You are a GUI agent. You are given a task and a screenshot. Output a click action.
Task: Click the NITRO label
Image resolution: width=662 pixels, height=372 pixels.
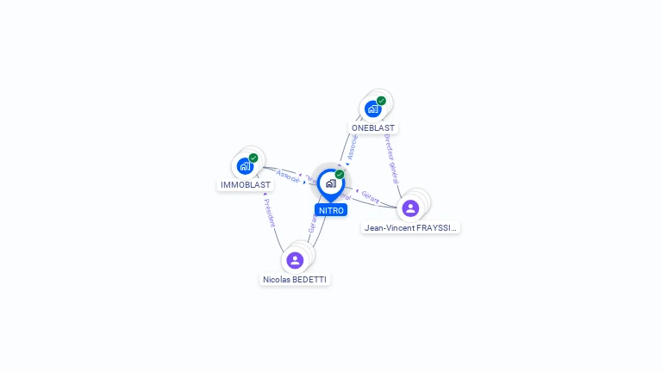pos(331,210)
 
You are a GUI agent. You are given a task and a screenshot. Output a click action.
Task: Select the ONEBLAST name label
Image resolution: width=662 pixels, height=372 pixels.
pos(373,127)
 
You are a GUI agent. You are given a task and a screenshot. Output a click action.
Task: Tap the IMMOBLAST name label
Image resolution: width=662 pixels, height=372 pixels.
pos(246,185)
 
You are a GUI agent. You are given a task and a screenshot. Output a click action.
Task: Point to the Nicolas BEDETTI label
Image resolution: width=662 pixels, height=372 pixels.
pos(295,279)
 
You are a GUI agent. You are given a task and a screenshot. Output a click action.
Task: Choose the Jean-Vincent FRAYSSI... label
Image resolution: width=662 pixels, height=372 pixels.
pos(410,228)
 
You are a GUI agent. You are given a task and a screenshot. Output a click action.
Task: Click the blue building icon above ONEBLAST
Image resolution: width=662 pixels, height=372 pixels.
pos(372,108)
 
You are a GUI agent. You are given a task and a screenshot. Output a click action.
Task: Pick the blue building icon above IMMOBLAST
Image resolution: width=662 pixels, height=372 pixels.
pos(245,166)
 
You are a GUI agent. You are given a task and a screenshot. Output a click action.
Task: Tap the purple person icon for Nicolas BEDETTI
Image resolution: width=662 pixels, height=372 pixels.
pos(295,260)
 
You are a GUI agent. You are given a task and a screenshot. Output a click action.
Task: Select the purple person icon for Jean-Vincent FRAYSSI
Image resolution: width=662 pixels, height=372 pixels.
pos(410,208)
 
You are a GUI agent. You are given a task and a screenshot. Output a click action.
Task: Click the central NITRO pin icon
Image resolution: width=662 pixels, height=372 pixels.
pos(330,183)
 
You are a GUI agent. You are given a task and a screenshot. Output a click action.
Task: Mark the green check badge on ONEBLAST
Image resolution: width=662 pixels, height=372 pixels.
pos(381,101)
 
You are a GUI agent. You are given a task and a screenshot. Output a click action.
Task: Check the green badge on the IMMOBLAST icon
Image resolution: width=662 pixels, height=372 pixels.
pos(253,158)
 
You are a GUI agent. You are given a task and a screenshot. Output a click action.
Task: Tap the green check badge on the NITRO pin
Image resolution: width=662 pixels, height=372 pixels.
pos(340,175)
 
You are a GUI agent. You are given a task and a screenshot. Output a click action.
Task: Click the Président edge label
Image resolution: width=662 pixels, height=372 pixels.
pos(268,213)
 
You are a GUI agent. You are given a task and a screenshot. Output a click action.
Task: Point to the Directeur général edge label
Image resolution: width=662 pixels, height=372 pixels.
pos(390,158)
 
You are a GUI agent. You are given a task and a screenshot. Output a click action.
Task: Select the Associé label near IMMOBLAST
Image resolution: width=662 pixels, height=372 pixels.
pos(288,176)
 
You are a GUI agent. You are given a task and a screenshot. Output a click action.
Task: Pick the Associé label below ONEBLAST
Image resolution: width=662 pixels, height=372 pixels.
pos(352,147)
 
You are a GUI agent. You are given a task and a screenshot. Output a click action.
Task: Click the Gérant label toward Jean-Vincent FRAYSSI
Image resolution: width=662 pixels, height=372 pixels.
pos(371,196)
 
